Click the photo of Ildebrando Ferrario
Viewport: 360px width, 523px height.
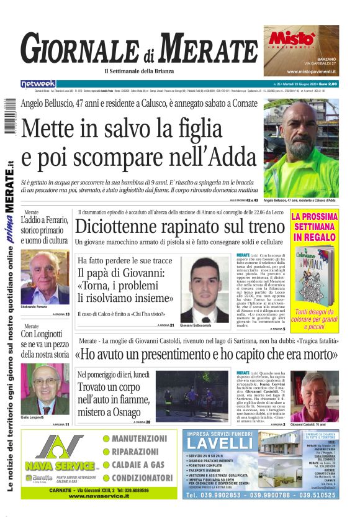click(45, 277)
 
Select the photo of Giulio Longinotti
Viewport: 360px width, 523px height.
click(45, 389)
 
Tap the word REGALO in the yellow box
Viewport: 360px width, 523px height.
click(314, 237)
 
